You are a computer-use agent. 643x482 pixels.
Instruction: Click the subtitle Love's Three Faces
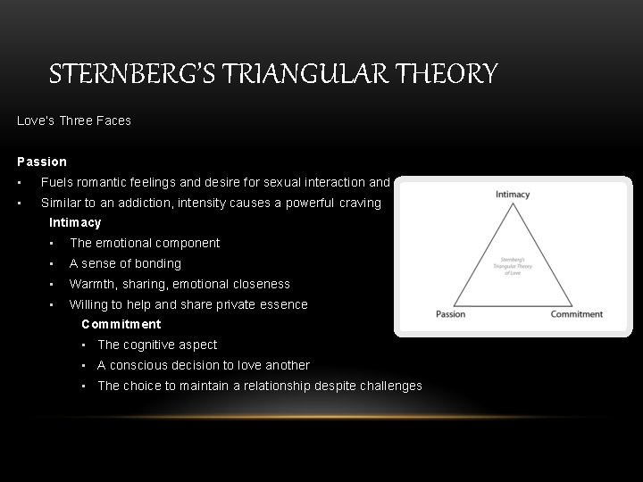(74, 120)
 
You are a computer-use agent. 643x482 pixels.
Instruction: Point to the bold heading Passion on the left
(42, 162)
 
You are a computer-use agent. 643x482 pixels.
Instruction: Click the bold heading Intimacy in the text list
(75, 222)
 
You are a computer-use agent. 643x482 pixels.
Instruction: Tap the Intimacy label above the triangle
(513, 194)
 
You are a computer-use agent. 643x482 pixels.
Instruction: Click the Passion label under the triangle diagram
(451, 314)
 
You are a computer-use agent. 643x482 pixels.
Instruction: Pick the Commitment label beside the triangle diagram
(576, 314)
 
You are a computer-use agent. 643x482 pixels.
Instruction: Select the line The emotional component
(145, 243)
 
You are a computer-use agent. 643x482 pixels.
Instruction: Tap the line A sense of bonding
(125, 263)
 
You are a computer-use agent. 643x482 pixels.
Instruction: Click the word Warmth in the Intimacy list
(90, 284)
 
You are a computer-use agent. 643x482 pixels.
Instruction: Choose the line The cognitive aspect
(157, 345)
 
